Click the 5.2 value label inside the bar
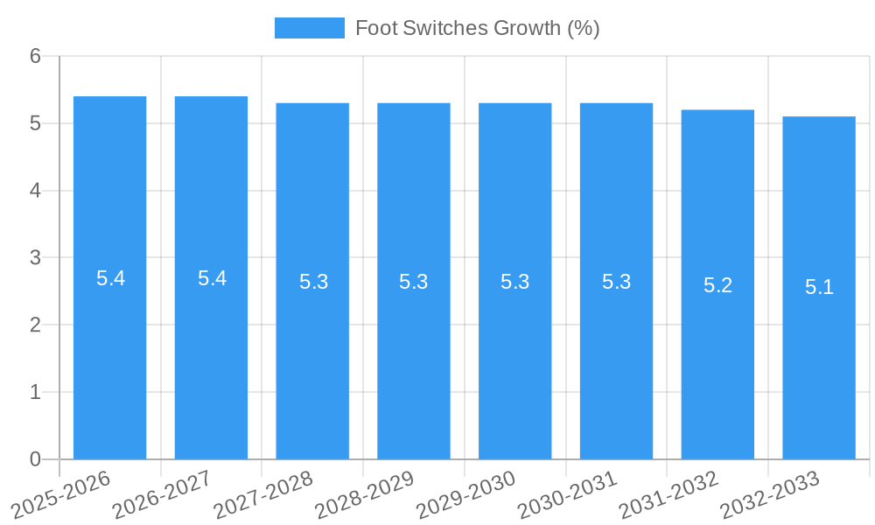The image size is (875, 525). [x=717, y=285]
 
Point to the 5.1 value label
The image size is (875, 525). [x=819, y=288]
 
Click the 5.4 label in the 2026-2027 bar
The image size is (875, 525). [x=212, y=278]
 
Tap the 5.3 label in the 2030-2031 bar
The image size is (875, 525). [x=616, y=282]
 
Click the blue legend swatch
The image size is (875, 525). [x=309, y=28]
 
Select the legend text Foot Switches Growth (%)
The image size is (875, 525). [x=477, y=28]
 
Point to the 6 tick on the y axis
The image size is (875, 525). [x=35, y=56]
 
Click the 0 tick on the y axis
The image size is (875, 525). [x=35, y=459]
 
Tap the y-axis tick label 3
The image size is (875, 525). [x=35, y=258]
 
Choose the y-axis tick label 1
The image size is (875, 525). [x=35, y=392]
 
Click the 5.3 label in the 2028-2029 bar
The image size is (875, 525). [x=413, y=282]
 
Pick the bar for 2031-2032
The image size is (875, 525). [x=717, y=367]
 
